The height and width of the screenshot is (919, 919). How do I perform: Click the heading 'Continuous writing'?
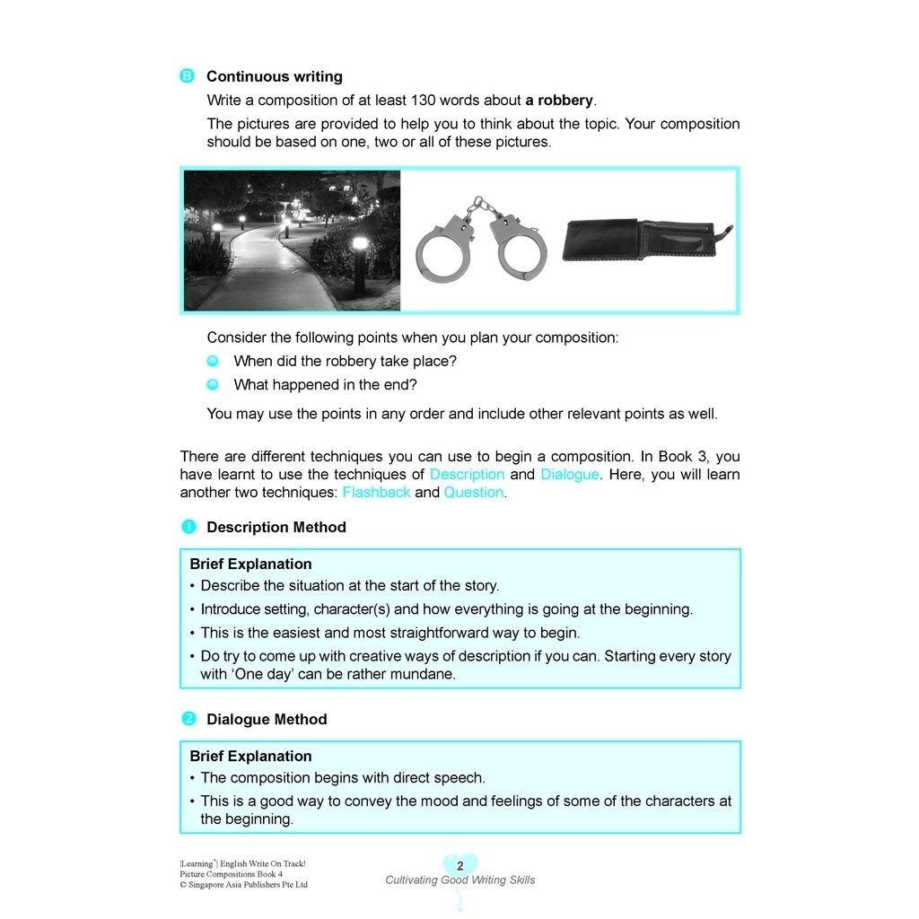point(274,77)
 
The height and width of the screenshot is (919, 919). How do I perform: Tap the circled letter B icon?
point(188,76)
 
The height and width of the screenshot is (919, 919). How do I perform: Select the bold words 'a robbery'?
point(559,101)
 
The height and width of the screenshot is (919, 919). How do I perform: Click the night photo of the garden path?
point(292,240)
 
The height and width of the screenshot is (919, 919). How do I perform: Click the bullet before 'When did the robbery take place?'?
point(213,361)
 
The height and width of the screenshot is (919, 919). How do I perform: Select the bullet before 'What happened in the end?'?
point(213,384)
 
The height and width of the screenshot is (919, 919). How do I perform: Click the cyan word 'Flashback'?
point(376,492)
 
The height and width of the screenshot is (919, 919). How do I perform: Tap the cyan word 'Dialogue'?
point(570,474)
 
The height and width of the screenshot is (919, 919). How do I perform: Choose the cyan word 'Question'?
point(474,492)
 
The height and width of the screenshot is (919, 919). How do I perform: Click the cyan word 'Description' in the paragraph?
point(467,474)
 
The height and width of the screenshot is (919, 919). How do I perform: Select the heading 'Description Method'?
point(276,528)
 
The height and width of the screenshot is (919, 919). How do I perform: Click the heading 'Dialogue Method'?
point(267,720)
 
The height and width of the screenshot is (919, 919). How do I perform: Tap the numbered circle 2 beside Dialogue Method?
point(188,719)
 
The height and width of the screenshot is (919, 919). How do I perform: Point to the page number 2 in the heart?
point(460,866)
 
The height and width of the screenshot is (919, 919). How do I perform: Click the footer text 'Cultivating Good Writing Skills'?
point(460,880)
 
